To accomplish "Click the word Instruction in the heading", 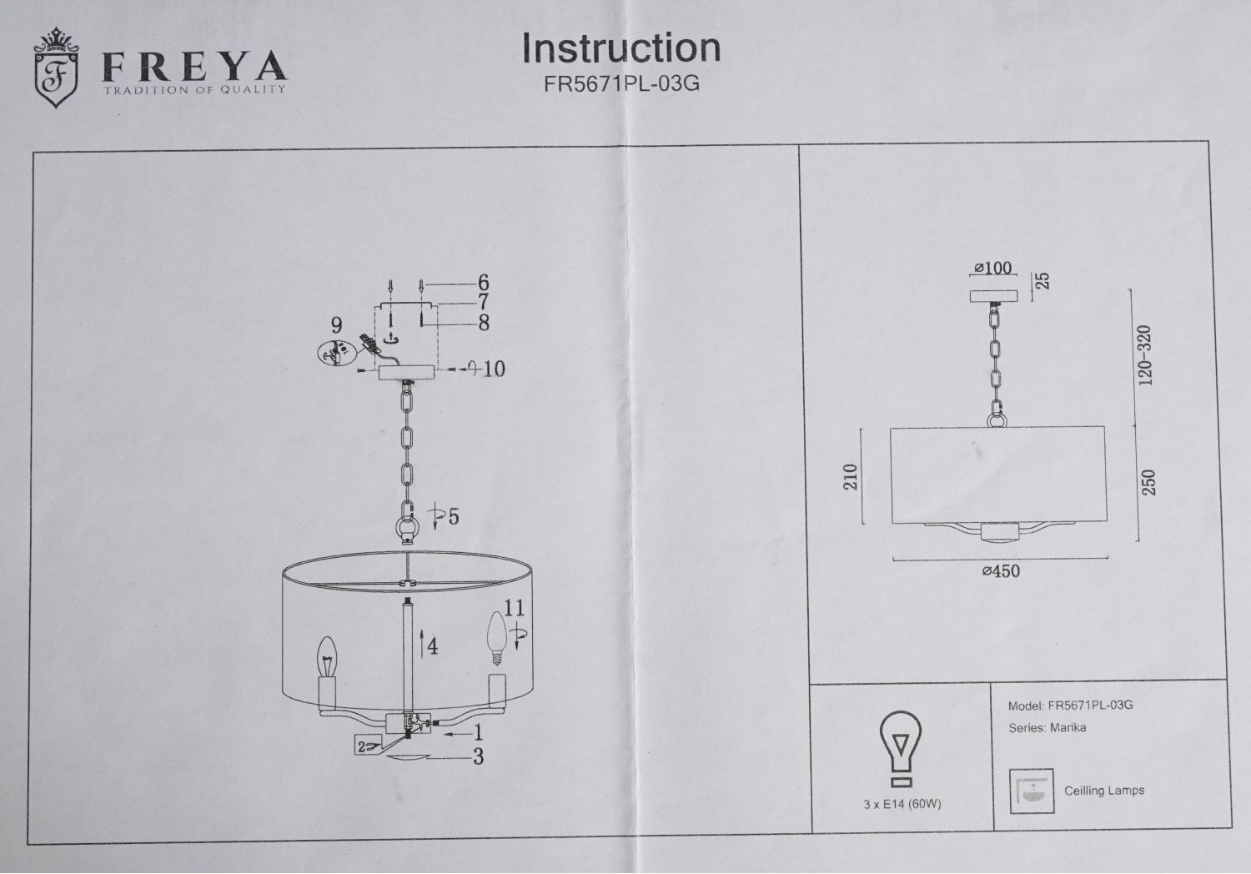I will pyautogui.click(x=620, y=48).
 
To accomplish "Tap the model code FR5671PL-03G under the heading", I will pyautogui.click(x=620, y=83).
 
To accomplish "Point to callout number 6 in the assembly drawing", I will pyautogui.click(x=483, y=284).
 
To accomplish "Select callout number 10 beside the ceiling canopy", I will pyautogui.click(x=494, y=369).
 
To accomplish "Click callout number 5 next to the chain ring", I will pyautogui.click(x=453, y=517).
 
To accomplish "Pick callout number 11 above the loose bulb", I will pyautogui.click(x=514, y=607).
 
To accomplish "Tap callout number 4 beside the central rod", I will pyautogui.click(x=432, y=645).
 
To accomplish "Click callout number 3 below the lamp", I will pyautogui.click(x=478, y=757).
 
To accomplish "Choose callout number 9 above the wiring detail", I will pyautogui.click(x=336, y=324).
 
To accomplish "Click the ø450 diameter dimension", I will pyautogui.click(x=1001, y=571).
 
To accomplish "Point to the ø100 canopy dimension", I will pyautogui.click(x=992, y=269).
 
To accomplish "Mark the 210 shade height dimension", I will pyautogui.click(x=851, y=477).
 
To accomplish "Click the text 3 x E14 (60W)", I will pyautogui.click(x=902, y=804).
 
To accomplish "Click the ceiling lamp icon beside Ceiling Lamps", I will pyautogui.click(x=1032, y=790).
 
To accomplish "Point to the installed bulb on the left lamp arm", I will pyautogui.click(x=328, y=659).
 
